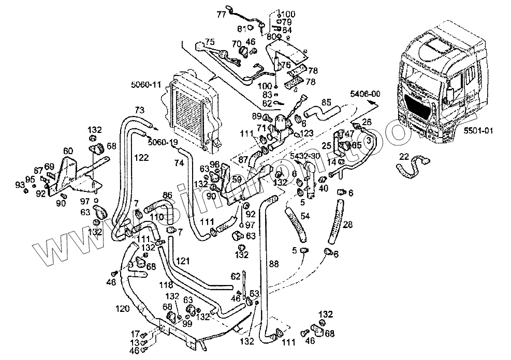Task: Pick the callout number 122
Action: point(140,157)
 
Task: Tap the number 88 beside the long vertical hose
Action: point(274,264)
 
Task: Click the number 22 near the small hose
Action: point(404,157)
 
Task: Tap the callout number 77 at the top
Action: point(221,14)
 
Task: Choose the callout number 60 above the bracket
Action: point(68,151)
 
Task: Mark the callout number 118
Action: point(165,285)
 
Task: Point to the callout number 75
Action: point(209,41)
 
